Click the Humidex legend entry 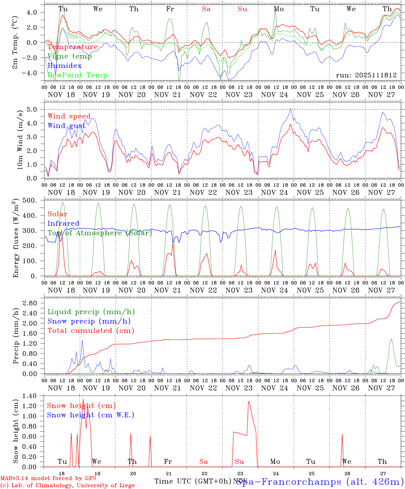point(64,66)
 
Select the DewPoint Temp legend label point(77,75)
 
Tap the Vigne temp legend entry point(70,56)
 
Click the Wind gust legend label point(66,126)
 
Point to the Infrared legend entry point(63,223)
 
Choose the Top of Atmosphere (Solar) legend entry point(99,233)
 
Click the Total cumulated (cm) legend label point(91,330)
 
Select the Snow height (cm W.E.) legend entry point(90,415)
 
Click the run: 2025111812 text point(366,75)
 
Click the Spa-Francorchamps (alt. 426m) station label point(320,481)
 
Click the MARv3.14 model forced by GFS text point(48,478)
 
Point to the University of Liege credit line point(68,485)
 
